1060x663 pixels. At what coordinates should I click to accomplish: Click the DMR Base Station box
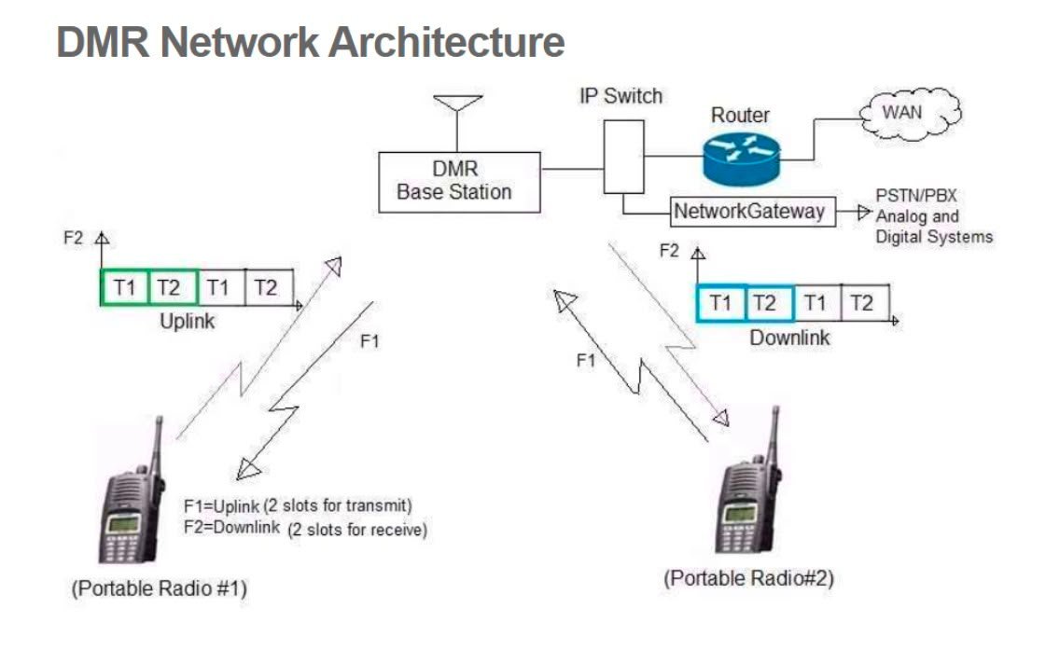click(459, 182)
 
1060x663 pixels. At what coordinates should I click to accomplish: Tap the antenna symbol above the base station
click(457, 121)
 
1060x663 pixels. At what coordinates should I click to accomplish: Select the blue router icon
click(742, 159)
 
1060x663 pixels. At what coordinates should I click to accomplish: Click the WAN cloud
click(910, 114)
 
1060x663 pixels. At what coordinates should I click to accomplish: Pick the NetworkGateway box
click(753, 212)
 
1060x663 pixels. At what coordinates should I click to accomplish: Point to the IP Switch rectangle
click(623, 157)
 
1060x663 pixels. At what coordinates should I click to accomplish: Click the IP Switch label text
click(621, 96)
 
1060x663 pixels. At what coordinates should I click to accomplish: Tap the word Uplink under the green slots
click(188, 321)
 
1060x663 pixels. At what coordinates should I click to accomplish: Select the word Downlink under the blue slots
click(789, 338)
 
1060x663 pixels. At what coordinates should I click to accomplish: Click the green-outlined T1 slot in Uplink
click(124, 287)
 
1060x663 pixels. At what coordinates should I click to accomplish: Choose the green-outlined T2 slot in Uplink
click(173, 287)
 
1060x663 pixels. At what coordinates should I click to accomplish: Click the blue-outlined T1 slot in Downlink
click(720, 303)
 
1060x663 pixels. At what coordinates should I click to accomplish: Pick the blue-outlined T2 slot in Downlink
click(769, 303)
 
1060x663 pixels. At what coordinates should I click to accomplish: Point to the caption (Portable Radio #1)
click(160, 588)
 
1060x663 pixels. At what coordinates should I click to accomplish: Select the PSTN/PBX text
click(916, 196)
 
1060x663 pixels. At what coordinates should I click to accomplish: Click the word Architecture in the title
click(447, 42)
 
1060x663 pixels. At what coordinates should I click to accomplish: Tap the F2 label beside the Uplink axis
click(73, 238)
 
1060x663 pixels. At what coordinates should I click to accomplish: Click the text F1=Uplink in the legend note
click(222, 505)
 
